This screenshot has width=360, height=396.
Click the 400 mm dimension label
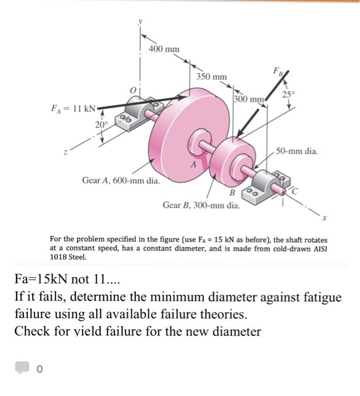click(x=164, y=49)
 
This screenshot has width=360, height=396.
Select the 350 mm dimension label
click(x=212, y=76)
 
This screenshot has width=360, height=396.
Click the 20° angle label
click(x=100, y=124)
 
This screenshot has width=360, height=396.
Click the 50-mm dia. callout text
click(x=297, y=152)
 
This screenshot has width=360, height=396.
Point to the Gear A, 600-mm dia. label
click(x=121, y=181)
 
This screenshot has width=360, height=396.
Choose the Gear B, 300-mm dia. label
click(x=201, y=205)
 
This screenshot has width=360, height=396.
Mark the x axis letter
click(x=325, y=219)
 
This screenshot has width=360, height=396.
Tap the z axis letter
click(x=67, y=152)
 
